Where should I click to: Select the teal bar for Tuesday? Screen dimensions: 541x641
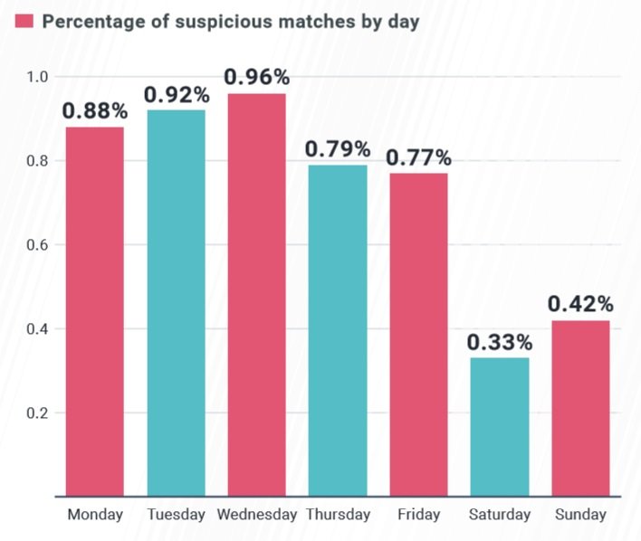(x=176, y=302)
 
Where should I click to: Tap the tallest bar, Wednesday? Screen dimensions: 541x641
(x=257, y=294)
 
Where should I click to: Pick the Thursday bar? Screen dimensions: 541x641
(x=338, y=330)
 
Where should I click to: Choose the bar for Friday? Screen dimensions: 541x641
(x=418, y=334)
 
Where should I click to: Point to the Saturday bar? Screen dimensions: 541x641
(x=499, y=426)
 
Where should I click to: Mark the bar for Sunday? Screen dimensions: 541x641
(x=580, y=407)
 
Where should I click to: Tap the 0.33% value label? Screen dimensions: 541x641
(x=499, y=343)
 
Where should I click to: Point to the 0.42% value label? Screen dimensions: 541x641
(x=580, y=304)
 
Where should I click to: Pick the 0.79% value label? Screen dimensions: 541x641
(x=338, y=149)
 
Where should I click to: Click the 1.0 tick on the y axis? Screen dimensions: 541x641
(x=37, y=77)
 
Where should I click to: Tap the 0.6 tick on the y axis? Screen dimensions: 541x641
(x=37, y=245)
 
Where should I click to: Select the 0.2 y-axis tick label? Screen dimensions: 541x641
(x=37, y=413)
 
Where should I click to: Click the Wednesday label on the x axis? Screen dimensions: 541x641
(x=257, y=515)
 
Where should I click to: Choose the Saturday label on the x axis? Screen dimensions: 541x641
(x=499, y=515)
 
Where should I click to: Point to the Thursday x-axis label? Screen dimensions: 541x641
(x=338, y=515)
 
